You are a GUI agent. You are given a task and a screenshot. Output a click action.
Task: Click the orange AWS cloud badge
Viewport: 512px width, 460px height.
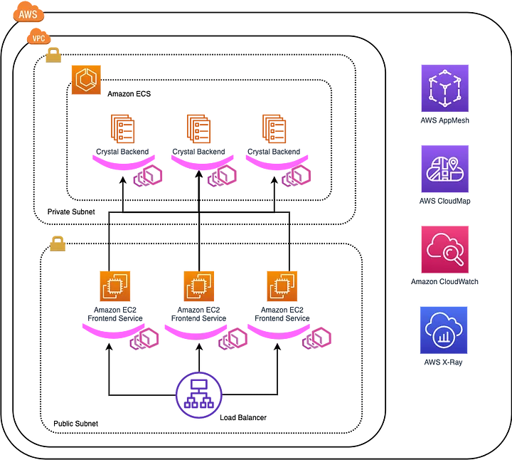click(x=28, y=13)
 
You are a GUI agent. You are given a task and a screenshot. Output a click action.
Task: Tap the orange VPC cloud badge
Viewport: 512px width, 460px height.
click(x=38, y=37)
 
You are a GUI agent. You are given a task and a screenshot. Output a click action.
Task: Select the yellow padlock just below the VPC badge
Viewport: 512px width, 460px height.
click(x=54, y=54)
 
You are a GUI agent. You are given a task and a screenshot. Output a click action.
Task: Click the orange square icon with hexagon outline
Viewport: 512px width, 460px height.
click(x=85, y=79)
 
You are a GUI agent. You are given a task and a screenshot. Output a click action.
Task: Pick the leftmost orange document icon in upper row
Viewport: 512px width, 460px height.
click(x=122, y=128)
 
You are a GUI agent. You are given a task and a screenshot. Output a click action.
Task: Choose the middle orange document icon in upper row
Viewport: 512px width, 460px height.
click(x=199, y=128)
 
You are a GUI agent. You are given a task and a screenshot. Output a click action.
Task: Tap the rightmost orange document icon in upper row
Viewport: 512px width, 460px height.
click(x=274, y=128)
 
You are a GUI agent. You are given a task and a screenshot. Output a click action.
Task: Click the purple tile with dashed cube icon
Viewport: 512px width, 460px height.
click(x=445, y=89)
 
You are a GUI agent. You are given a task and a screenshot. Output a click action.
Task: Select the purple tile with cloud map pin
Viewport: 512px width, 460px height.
click(x=445, y=169)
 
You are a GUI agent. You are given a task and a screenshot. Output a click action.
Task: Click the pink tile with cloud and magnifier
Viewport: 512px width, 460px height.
click(x=445, y=249)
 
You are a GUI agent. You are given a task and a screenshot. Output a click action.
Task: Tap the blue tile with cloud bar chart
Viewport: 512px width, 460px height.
click(x=445, y=330)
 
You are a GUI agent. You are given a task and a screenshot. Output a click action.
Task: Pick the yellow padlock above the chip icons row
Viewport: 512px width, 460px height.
click(x=56, y=244)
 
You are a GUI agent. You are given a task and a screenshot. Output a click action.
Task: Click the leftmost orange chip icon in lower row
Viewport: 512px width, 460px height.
click(x=114, y=286)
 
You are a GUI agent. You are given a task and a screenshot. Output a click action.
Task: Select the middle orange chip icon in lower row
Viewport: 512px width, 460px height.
click(x=198, y=286)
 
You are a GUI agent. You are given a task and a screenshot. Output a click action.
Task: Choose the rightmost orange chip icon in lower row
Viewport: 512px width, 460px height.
click(x=282, y=286)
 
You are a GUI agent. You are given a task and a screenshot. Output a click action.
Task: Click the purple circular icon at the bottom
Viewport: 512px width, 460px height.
click(x=198, y=394)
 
